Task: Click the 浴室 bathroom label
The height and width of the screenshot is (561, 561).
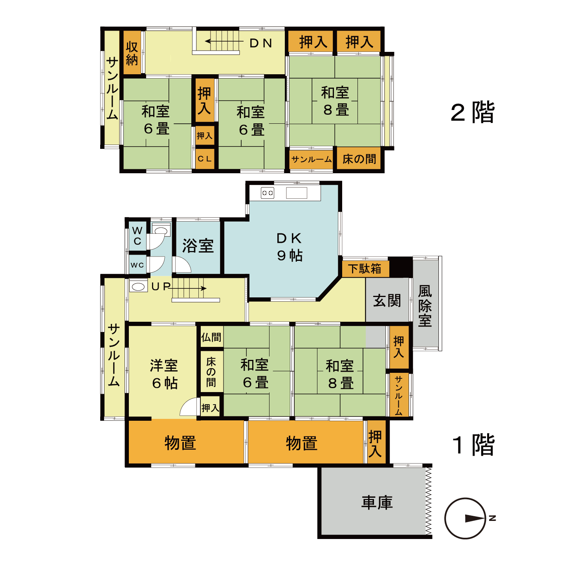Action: (198, 246)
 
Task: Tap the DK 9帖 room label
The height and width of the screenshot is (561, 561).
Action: (290, 247)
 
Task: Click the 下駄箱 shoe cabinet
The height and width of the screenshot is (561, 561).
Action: (365, 268)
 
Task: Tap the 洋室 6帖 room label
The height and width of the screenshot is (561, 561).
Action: (164, 374)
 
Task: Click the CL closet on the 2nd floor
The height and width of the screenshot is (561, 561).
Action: (205, 159)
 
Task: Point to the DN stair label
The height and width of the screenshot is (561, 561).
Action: (260, 43)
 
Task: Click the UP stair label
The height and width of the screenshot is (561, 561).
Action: (161, 286)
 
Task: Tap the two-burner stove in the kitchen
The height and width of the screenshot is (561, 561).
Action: (267, 193)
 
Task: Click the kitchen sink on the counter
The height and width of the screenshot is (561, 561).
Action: (296, 193)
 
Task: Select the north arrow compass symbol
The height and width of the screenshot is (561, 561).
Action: (466, 518)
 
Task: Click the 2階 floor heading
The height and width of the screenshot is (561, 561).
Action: (473, 112)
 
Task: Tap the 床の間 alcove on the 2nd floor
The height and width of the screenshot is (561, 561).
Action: (359, 159)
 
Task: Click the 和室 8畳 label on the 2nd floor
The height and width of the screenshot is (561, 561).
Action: (335, 101)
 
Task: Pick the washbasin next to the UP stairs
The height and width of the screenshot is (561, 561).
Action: (138, 286)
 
